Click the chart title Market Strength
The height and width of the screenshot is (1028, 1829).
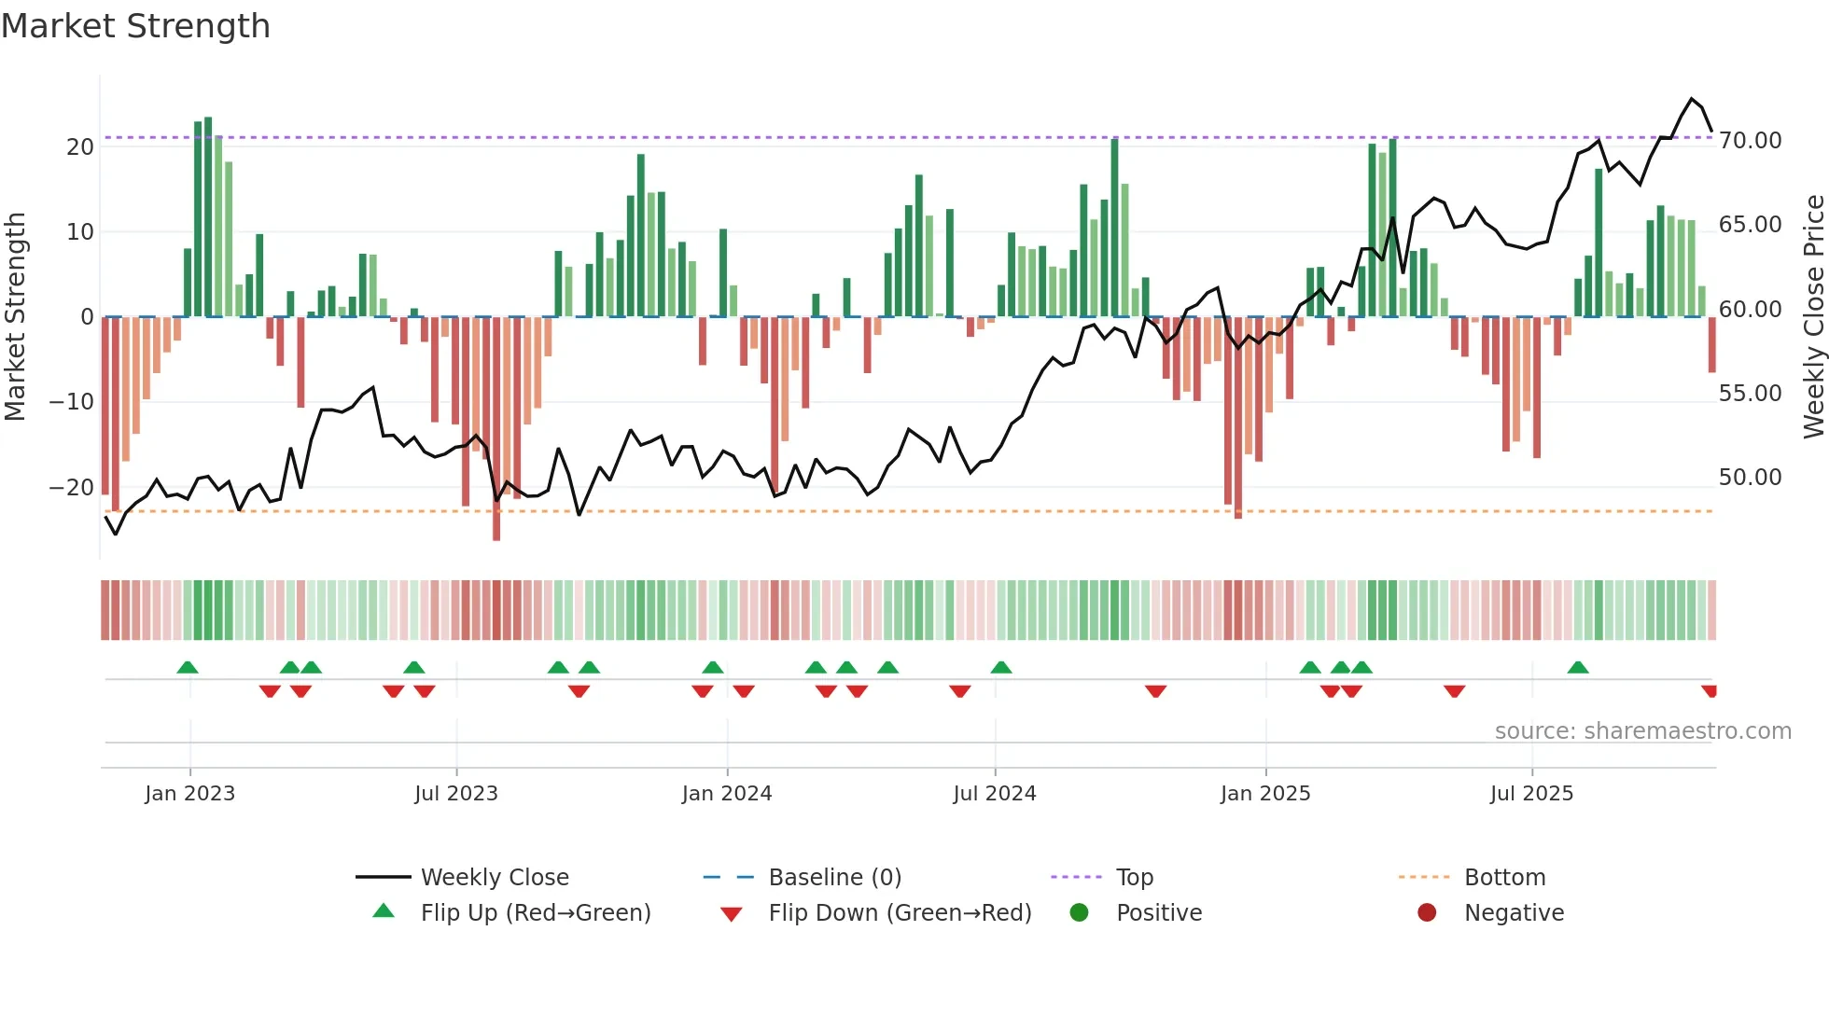pos(135,26)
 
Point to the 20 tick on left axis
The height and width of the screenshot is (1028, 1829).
pos(80,146)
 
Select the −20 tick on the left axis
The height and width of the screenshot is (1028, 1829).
pos(72,487)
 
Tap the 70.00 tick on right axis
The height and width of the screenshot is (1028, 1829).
pos(1750,141)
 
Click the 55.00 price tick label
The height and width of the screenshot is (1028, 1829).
pos(1750,394)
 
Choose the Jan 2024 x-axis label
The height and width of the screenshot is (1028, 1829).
pos(727,794)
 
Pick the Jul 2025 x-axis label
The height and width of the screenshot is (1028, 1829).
pos(1531,794)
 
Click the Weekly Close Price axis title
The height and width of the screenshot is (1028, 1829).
pos(1813,317)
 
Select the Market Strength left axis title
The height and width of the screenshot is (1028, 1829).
pos(16,317)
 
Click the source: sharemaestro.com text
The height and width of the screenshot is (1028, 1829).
pos(1642,731)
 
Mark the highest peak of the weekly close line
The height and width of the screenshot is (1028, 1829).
pos(1691,99)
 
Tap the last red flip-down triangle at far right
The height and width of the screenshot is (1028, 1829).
pos(1710,691)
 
